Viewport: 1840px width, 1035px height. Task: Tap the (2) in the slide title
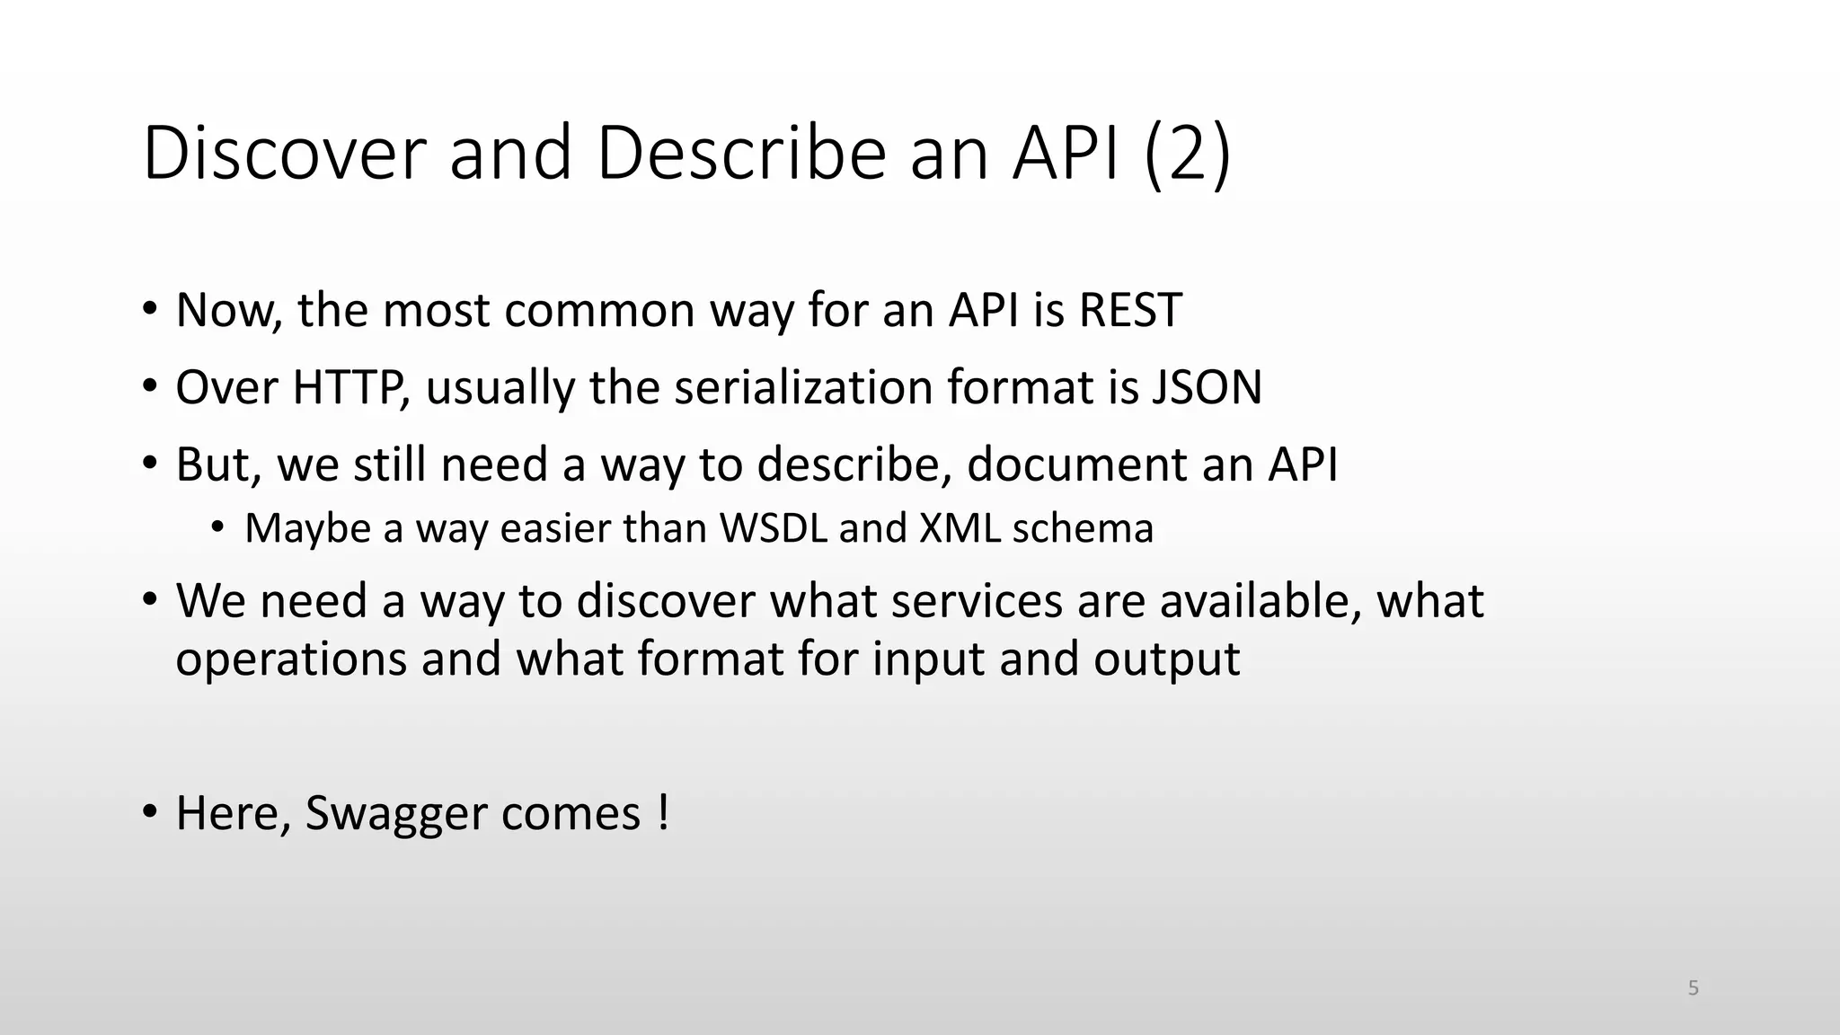(1188, 155)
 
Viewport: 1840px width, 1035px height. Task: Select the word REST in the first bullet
(1129, 310)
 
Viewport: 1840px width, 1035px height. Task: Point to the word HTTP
(346, 387)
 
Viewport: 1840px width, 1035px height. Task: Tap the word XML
(960, 528)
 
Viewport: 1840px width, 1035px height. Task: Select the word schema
(1083, 528)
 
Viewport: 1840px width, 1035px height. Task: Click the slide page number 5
(1693, 988)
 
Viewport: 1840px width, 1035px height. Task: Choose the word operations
(291, 659)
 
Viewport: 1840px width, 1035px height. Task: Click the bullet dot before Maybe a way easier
(217, 527)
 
